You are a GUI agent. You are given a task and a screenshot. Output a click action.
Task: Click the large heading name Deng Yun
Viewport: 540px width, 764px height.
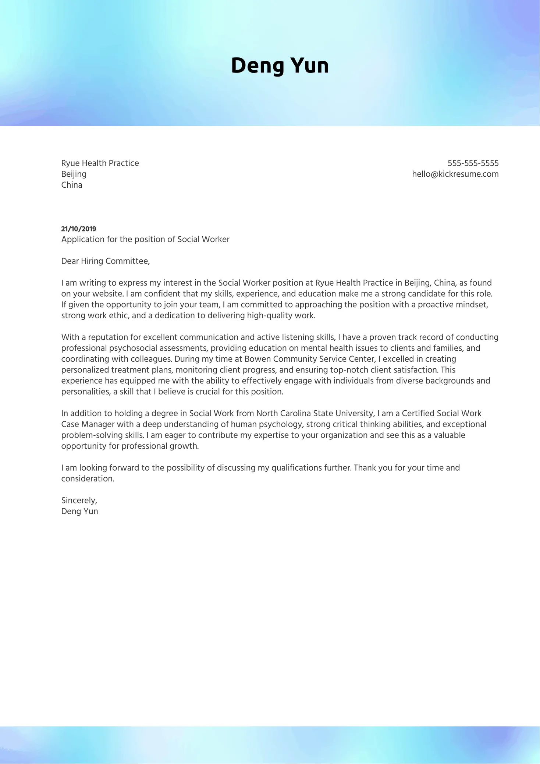click(x=280, y=66)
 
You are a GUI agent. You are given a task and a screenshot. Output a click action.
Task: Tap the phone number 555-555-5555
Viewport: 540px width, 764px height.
click(x=473, y=163)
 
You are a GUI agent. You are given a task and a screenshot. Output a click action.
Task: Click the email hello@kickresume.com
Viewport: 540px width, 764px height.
click(x=455, y=174)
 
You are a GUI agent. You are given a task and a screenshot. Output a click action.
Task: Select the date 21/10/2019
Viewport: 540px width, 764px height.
click(x=79, y=229)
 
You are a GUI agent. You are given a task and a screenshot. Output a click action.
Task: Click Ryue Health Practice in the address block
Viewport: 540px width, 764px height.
click(x=100, y=163)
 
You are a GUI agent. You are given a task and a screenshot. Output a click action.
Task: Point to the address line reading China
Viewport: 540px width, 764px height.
click(x=72, y=185)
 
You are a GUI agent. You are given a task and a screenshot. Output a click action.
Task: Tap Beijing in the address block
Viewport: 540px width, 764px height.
click(x=74, y=174)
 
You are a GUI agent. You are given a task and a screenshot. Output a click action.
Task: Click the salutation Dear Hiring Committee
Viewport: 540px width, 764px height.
click(x=106, y=261)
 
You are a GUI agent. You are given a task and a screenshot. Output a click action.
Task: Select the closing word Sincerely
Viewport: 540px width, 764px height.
click(x=79, y=500)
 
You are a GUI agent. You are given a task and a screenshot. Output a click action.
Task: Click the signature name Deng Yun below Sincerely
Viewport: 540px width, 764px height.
click(x=79, y=511)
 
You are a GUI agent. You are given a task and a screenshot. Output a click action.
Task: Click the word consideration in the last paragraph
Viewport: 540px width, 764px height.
click(x=87, y=478)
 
